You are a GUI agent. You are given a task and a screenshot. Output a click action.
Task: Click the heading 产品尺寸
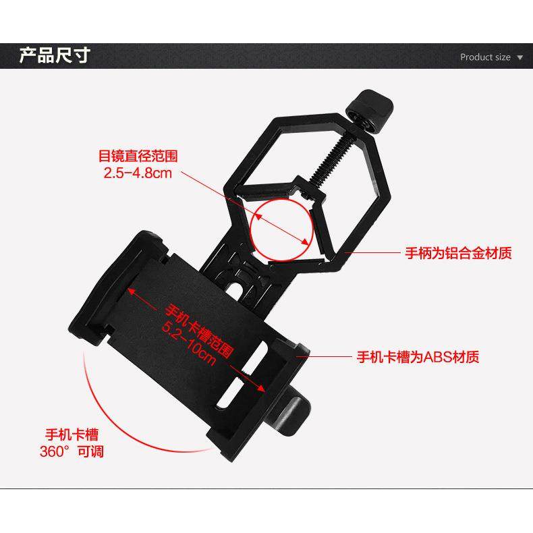click(54, 55)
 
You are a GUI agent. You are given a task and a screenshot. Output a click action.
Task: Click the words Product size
click(485, 57)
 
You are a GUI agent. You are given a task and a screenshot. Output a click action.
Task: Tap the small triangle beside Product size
click(520, 58)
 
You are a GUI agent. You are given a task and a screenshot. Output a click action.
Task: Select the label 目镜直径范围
click(138, 156)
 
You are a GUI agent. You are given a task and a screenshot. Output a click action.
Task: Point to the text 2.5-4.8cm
click(138, 173)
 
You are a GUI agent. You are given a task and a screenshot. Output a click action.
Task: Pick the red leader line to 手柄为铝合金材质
click(378, 253)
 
